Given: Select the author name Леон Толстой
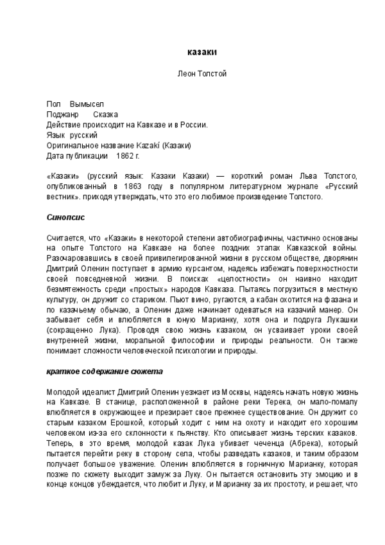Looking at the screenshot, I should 201,74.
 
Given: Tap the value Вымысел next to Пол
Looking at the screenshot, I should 87,104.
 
